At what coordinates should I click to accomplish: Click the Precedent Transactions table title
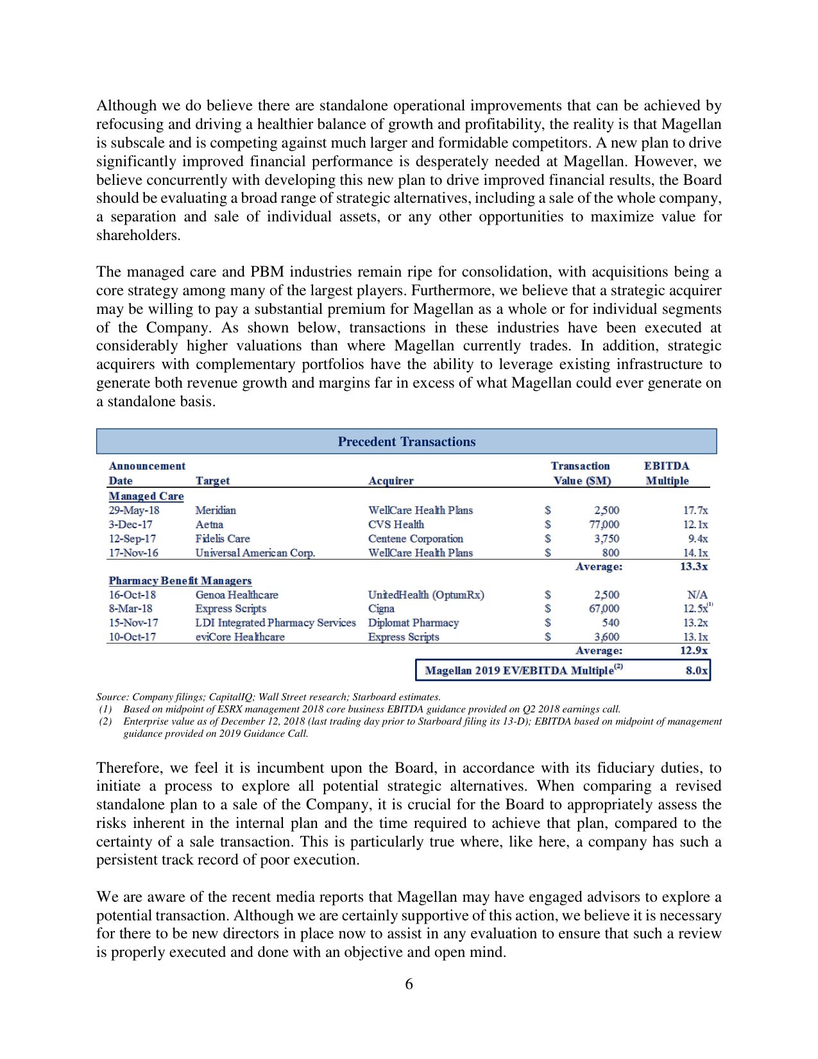[x=406, y=442]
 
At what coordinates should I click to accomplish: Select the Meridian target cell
[x=216, y=510]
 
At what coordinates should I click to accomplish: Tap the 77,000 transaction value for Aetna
[x=604, y=524]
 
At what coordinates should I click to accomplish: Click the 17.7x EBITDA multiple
[x=695, y=510]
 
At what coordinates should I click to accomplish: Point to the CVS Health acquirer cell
[x=396, y=524]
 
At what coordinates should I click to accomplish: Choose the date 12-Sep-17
[x=132, y=538]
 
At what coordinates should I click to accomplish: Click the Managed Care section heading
[x=146, y=496]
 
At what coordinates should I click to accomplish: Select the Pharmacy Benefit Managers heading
[x=180, y=580]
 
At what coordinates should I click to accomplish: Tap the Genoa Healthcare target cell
[x=237, y=595]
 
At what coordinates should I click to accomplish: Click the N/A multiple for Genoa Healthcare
[x=697, y=595]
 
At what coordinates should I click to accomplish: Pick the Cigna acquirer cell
[x=381, y=608]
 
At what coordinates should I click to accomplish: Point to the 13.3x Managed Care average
[x=694, y=567]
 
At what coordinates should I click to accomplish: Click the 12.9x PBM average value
[x=694, y=651]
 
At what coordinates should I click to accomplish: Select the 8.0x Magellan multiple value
[x=696, y=671]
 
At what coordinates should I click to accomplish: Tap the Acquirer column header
[x=391, y=481]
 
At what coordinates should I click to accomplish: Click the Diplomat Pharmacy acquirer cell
[x=413, y=623]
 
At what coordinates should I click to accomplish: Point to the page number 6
[x=409, y=984]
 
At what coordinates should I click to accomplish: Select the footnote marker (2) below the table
[x=105, y=721]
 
